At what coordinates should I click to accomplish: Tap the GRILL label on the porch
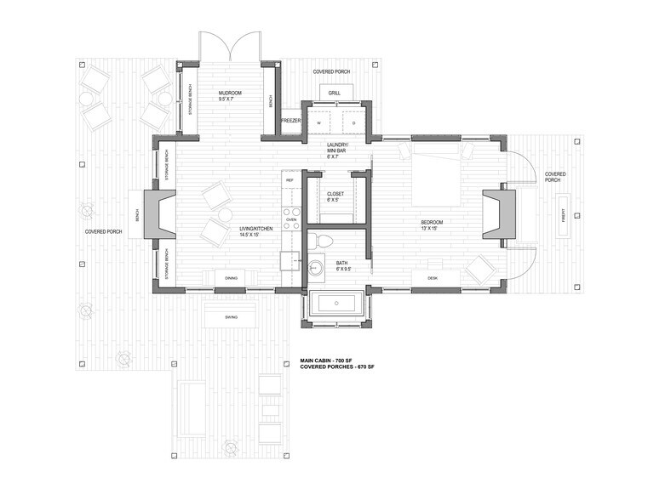335,93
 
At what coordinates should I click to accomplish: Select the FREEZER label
290,121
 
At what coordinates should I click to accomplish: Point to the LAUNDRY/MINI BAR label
335,150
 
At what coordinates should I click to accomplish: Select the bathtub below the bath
336,304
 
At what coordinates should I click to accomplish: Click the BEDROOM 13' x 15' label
433,224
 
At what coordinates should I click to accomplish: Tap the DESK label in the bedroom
432,278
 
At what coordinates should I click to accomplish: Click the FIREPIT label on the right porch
562,218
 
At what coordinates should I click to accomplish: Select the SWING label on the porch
231,318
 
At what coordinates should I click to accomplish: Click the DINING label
231,278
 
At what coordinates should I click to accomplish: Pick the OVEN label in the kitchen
291,219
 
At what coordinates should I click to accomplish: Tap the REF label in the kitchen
290,180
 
